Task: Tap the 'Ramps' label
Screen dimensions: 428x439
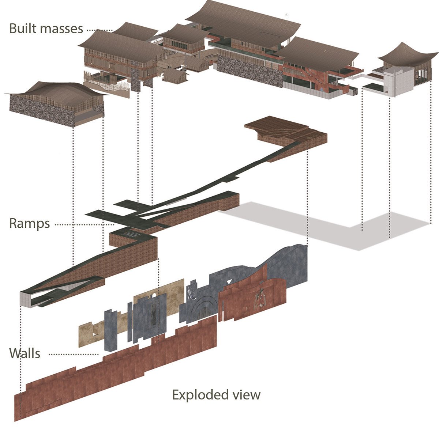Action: tap(29, 223)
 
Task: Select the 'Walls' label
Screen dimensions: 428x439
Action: tap(25, 353)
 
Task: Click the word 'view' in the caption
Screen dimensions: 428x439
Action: tap(246, 395)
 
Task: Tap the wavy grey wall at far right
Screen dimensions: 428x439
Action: tap(285, 263)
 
